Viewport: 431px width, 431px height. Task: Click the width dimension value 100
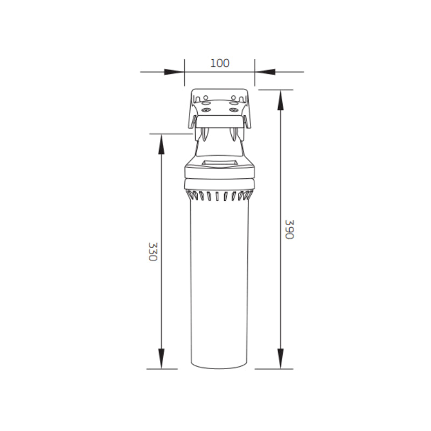coord(220,63)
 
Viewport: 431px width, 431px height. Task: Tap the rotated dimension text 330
coord(152,252)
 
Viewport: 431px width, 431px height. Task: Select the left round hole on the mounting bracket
coord(205,99)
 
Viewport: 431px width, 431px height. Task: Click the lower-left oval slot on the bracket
coord(205,109)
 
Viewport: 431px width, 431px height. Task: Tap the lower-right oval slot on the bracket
coord(233,109)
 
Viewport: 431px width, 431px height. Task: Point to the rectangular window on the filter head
coord(219,163)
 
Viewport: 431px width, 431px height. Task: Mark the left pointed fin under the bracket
coord(206,134)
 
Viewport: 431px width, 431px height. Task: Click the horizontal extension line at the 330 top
coord(170,133)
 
